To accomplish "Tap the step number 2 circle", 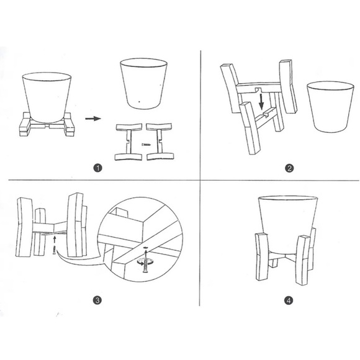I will pos(289,168).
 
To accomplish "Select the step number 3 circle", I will pos(97,300).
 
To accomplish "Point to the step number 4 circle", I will pos(288,300).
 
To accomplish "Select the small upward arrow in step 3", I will pos(55,237).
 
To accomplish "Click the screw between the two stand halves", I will pos(143,144).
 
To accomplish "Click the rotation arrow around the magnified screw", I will pos(143,261).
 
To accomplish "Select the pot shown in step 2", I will pos(330,106).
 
